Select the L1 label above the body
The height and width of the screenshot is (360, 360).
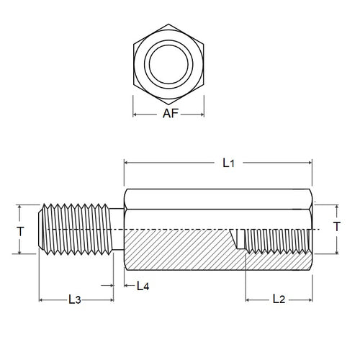229,163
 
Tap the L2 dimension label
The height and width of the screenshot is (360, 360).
281,298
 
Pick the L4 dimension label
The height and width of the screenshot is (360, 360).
143,286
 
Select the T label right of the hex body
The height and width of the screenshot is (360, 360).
338,227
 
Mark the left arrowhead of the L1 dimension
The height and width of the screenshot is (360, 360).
128,163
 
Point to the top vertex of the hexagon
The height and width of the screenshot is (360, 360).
168,24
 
